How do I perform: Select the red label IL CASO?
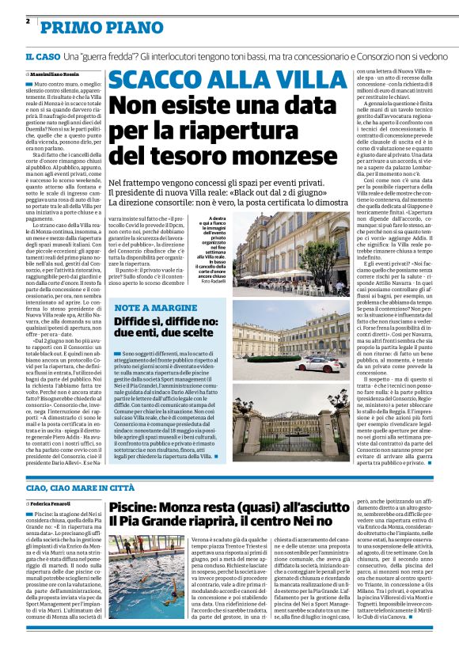(42, 57)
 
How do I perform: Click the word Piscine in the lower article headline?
(133, 507)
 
